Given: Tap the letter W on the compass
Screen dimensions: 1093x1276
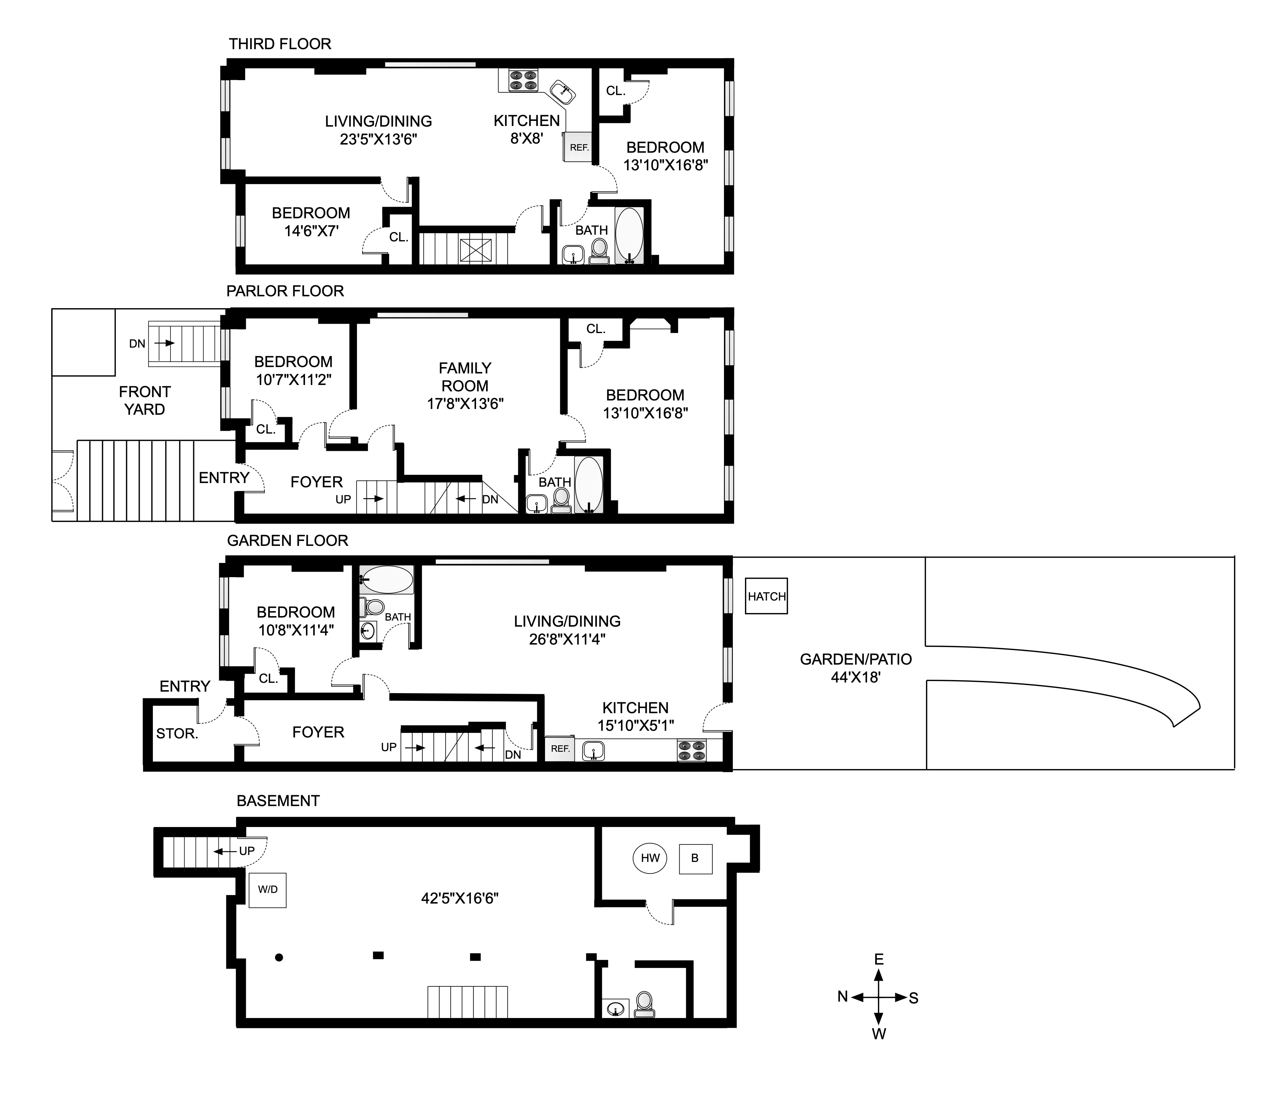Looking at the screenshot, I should coord(879,1034).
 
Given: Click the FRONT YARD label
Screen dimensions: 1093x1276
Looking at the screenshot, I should coord(145,401).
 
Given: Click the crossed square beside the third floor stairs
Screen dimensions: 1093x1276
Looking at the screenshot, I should coord(475,251).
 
